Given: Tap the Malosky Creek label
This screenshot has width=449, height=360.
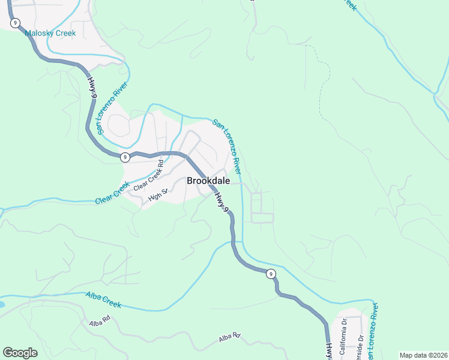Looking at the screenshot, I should [50, 33].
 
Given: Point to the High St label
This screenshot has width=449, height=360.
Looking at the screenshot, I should [157, 194].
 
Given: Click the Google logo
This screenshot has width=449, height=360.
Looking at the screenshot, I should [20, 352].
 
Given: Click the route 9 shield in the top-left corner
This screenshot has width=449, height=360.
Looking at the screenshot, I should [14, 23].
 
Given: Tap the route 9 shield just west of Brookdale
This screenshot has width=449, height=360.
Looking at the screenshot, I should [125, 157].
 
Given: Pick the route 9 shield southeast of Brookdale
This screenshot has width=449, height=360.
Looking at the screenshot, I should [271, 274].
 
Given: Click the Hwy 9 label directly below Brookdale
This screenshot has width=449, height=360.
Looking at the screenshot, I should [222, 201].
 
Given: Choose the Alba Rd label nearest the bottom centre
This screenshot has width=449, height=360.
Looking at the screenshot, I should [229, 338].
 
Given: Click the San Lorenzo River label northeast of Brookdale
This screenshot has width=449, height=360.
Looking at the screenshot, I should [227, 143].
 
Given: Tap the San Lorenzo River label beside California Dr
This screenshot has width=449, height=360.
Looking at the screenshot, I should [372, 333].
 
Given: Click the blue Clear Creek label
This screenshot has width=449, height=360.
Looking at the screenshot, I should [112, 193].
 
